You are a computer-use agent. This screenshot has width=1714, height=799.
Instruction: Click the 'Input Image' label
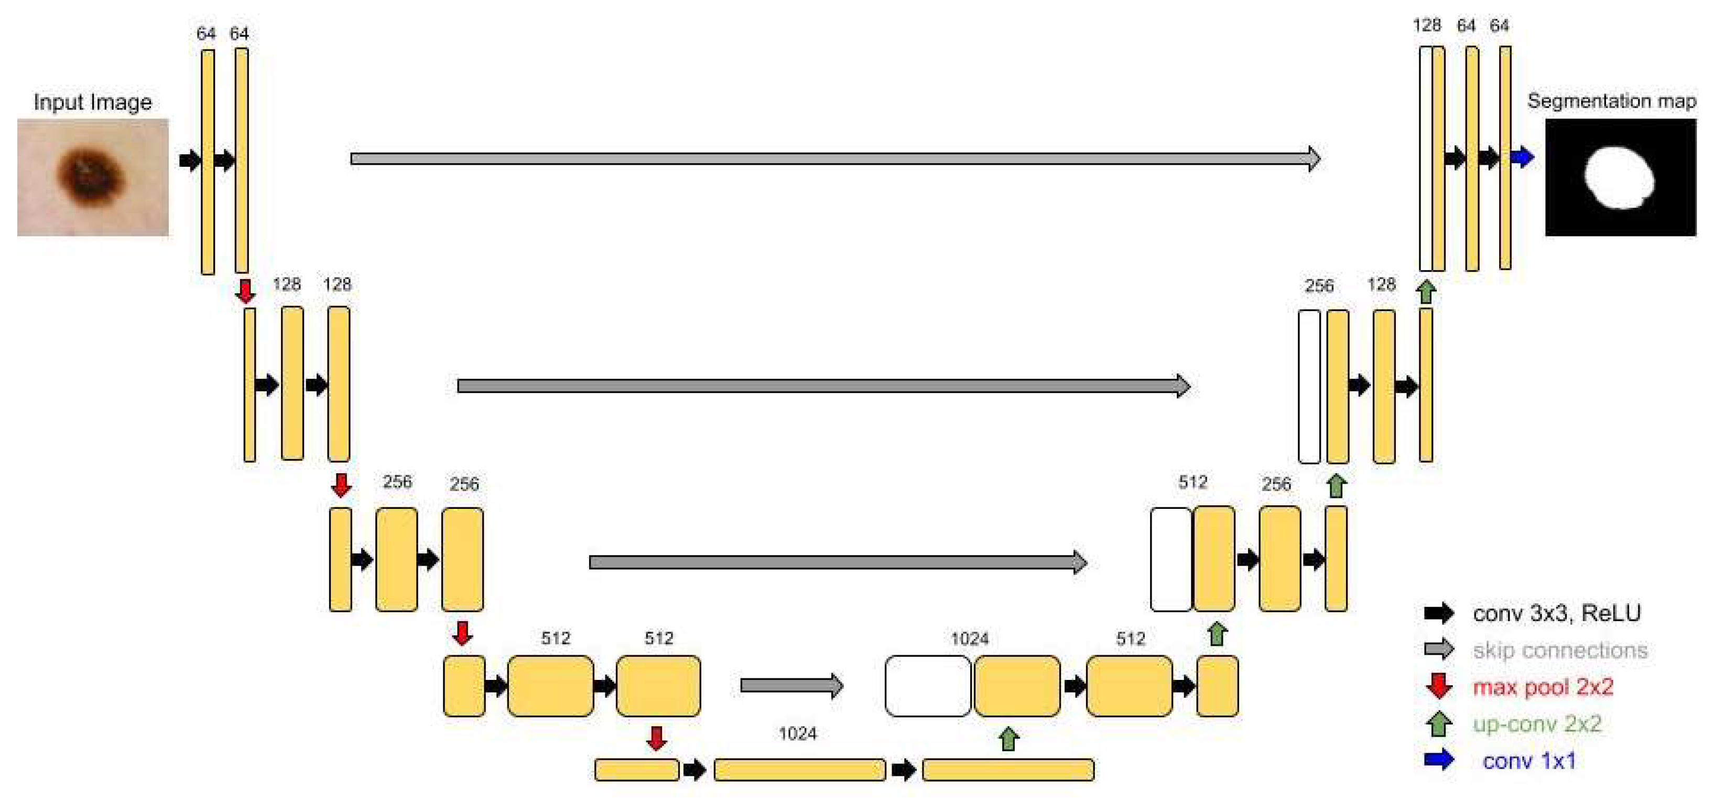click(x=92, y=102)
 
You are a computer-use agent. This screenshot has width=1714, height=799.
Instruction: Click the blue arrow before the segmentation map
click(x=1522, y=158)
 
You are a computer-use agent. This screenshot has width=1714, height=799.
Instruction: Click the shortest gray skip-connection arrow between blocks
click(x=791, y=685)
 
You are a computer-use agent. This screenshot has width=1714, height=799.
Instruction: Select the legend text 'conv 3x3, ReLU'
click(x=1556, y=613)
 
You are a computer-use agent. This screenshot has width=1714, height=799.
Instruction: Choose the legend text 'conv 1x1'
click(x=1529, y=760)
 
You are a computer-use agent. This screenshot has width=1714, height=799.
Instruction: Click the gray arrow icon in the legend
click(x=1438, y=649)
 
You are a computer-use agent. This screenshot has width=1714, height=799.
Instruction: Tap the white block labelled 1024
click(x=928, y=686)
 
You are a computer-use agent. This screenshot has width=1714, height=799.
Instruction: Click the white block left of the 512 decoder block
click(x=1170, y=559)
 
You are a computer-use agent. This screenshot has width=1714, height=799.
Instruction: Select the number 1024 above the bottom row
click(x=797, y=734)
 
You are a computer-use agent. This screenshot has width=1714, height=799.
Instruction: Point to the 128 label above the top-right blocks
click(x=1427, y=25)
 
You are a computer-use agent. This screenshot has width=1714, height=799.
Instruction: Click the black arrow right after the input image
click(x=190, y=160)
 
